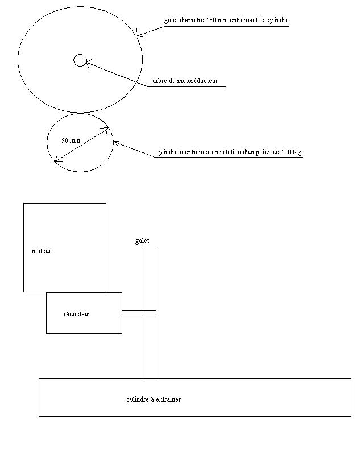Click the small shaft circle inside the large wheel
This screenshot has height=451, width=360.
80,60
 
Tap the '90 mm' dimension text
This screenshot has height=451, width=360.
71,140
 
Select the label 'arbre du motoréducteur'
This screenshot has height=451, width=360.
185,81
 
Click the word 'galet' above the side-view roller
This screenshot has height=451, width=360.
142,241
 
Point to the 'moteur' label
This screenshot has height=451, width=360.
42,250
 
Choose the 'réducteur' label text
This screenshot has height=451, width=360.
77,313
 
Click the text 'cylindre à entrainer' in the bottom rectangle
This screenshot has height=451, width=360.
154,399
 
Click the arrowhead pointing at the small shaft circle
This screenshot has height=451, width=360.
88,63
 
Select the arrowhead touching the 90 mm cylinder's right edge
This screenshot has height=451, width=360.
116,143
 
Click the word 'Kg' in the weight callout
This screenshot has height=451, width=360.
297,152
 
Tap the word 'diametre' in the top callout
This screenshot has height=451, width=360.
190,20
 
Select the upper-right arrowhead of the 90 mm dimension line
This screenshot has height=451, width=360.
106,130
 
